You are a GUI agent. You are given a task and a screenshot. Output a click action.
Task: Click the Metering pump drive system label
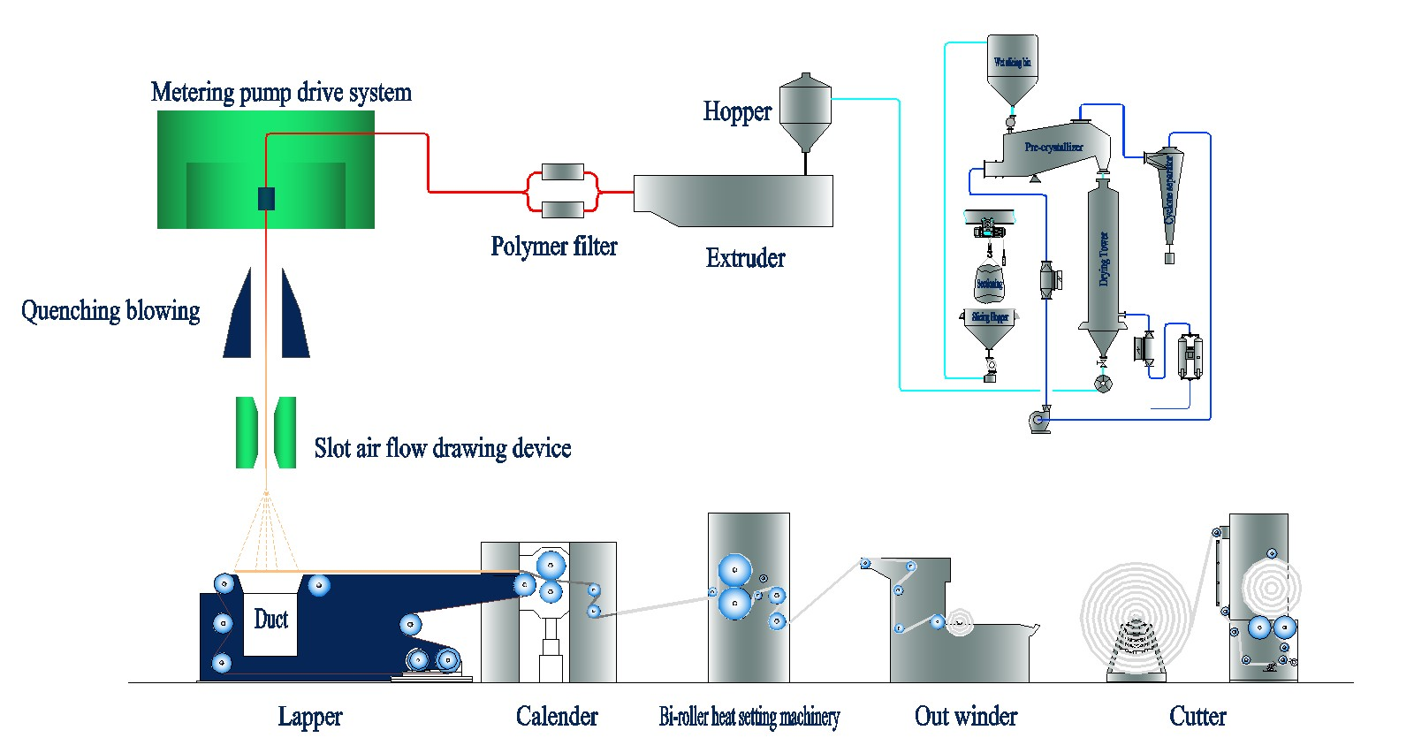pyautogui.click(x=281, y=92)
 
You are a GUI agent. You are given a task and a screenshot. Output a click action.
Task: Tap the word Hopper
pyautogui.click(x=737, y=111)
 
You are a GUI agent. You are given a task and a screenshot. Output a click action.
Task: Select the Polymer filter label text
pyautogui.click(x=554, y=246)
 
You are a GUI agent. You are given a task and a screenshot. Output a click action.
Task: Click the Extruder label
pyautogui.click(x=745, y=258)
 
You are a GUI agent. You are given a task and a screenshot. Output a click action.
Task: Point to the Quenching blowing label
pyautogui.click(x=110, y=310)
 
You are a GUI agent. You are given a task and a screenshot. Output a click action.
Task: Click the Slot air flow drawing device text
pyautogui.click(x=442, y=448)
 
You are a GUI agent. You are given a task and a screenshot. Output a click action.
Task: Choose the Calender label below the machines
pyautogui.click(x=557, y=716)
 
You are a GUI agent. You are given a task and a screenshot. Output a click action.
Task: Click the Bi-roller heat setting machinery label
pyautogui.click(x=749, y=716)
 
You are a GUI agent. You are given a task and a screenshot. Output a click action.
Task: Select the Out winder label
pyautogui.click(x=966, y=716)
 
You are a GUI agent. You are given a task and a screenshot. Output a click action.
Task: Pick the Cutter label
pyautogui.click(x=1197, y=716)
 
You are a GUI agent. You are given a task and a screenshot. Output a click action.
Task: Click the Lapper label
pyautogui.click(x=309, y=716)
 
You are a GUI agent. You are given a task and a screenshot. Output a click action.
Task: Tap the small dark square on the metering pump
pyautogui.click(x=266, y=199)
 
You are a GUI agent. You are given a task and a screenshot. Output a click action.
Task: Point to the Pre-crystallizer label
pyautogui.click(x=1053, y=147)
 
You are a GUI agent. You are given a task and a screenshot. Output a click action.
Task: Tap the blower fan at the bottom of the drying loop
pyautogui.click(x=1040, y=421)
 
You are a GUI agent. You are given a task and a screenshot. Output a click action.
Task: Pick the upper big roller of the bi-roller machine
pyautogui.click(x=734, y=570)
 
